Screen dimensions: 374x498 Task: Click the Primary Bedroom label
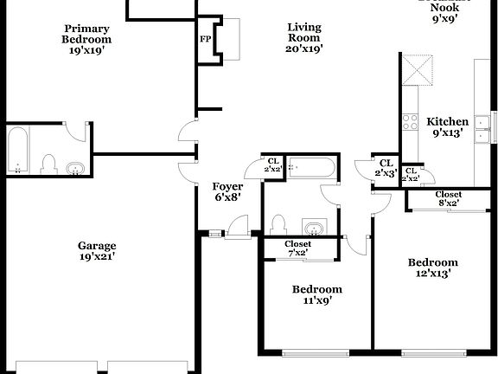click(86, 39)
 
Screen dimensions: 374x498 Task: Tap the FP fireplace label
click(205, 39)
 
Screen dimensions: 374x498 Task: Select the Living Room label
click(304, 38)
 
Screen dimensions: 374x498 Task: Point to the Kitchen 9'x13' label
click(449, 127)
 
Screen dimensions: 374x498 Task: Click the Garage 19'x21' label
click(97, 250)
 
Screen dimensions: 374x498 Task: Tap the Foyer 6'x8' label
click(227, 191)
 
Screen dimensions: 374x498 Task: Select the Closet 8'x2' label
click(448, 198)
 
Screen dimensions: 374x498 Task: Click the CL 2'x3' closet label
click(386, 168)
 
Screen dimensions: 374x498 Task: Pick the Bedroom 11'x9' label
click(316, 294)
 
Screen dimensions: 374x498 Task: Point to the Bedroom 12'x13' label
click(432, 268)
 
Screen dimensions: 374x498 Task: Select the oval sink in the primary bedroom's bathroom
click(76, 168)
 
